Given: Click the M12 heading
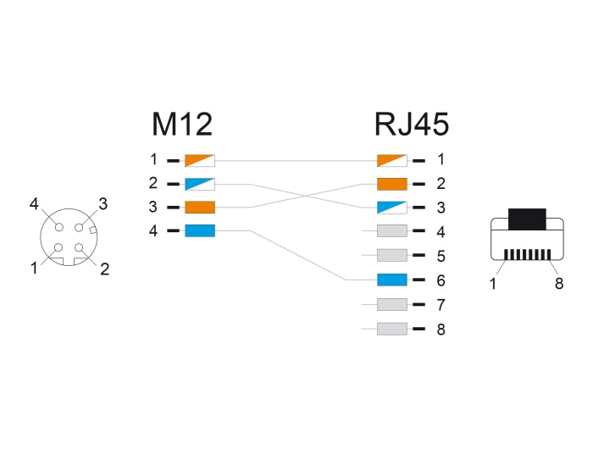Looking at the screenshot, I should pyautogui.click(x=181, y=126).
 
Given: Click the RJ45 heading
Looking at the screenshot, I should pyautogui.click(x=411, y=126).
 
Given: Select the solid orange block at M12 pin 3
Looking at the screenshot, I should pyautogui.click(x=200, y=207).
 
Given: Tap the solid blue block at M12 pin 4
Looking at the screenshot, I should pyautogui.click(x=200, y=230).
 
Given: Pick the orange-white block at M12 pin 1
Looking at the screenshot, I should pyautogui.click(x=200, y=159).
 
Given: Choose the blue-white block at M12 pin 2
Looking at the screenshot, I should pyautogui.click(x=200, y=183).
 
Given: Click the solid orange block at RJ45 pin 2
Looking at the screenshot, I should pyautogui.click(x=392, y=183).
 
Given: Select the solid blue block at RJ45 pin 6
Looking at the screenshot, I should pyautogui.click(x=392, y=280).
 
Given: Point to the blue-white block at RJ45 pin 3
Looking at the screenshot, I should pyautogui.click(x=392, y=207).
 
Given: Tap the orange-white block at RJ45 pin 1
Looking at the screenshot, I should pyautogui.click(x=392, y=159).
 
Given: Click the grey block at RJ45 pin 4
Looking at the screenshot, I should pyautogui.click(x=392, y=230).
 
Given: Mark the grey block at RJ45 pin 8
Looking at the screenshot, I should pyautogui.click(x=392, y=329).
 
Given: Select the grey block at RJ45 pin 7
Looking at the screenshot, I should pyautogui.click(x=392, y=304).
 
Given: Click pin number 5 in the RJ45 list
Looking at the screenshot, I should pyautogui.click(x=441, y=255).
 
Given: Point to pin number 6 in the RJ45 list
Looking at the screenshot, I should pyautogui.click(x=441, y=280).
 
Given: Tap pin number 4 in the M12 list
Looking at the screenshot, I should pyautogui.click(x=153, y=230).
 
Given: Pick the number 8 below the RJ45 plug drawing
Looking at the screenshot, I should pyautogui.click(x=558, y=284).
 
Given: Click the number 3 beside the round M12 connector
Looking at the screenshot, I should pyautogui.click(x=103, y=203).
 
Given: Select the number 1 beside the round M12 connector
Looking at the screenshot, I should pyautogui.click(x=35, y=269).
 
